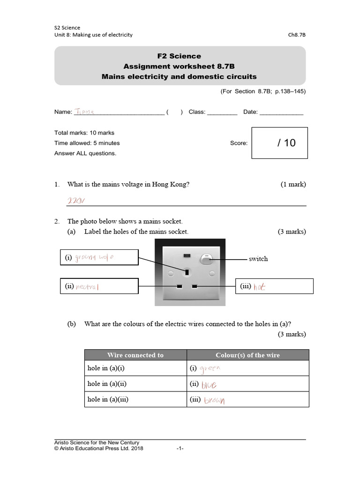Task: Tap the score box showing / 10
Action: pyautogui.click(x=279, y=143)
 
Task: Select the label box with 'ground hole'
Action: pyautogui.click(x=99, y=257)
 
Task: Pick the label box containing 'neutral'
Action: pyautogui.click(x=99, y=286)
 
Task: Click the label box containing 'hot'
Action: pyautogui.click(x=274, y=286)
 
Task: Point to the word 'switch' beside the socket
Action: pyautogui.click(x=258, y=259)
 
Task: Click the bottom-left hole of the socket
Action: pyautogui.click(x=179, y=286)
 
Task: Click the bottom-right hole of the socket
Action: pyautogui.click(x=195, y=286)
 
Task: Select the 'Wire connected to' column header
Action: pyautogui.click(x=135, y=355)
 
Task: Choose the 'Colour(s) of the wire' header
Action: pyautogui.click(x=247, y=355)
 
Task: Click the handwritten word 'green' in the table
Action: pyautogui.click(x=210, y=368)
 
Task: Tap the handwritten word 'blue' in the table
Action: pyautogui.click(x=209, y=385)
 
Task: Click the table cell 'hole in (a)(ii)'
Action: pyautogui.click(x=107, y=384)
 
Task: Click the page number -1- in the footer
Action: pyautogui.click(x=180, y=449)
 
